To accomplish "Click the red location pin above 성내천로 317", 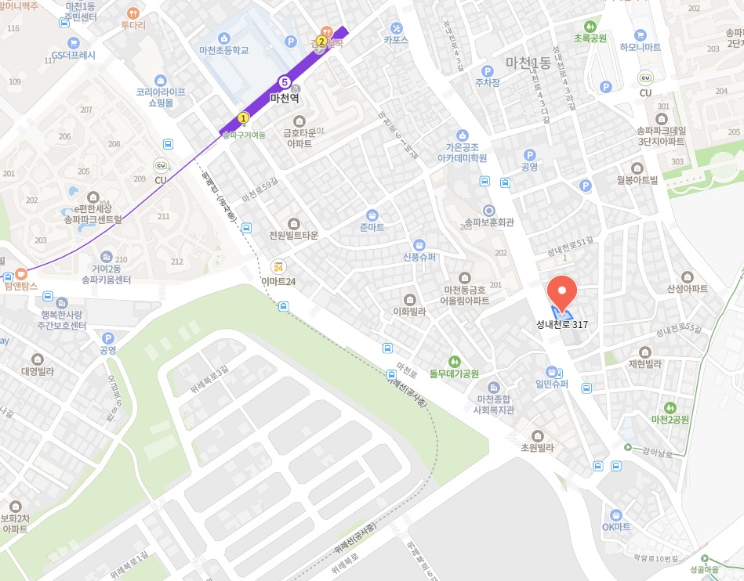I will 561,292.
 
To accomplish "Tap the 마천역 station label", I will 285,98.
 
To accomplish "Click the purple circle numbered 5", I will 285,81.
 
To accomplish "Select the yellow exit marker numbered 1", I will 243,118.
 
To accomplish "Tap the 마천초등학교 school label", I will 223,49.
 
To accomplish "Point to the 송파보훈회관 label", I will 489,222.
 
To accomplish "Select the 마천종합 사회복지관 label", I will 495,404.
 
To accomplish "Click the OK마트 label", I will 616,526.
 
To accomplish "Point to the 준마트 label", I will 372,227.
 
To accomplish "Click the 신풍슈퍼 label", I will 419,256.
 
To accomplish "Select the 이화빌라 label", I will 410,311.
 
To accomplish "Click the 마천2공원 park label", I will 669,419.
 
